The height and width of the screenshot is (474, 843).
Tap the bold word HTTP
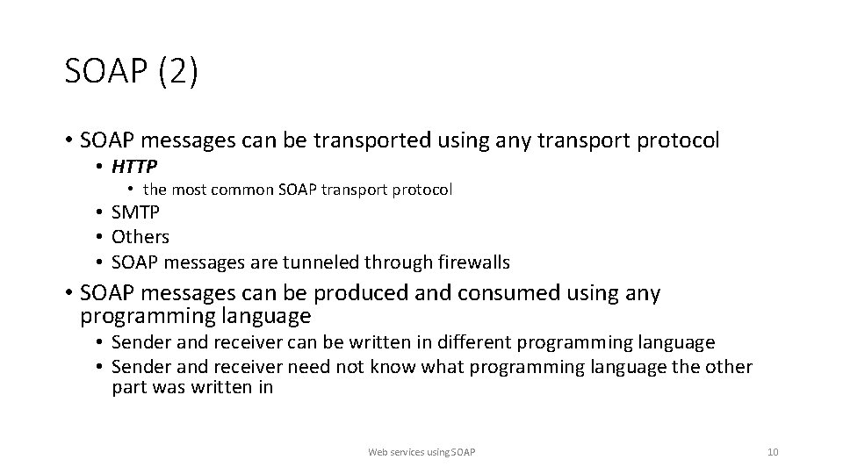click(134, 166)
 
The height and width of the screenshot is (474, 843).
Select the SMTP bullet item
click(135, 212)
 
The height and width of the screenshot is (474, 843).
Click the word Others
click(140, 237)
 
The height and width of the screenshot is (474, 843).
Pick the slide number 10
click(772, 452)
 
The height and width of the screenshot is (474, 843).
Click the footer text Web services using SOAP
click(421, 452)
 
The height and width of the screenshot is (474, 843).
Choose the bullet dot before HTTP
click(102, 166)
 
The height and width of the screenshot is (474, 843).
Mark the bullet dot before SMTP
click(102, 212)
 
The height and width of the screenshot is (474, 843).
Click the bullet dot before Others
click(102, 237)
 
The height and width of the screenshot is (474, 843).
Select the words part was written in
click(192, 387)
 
